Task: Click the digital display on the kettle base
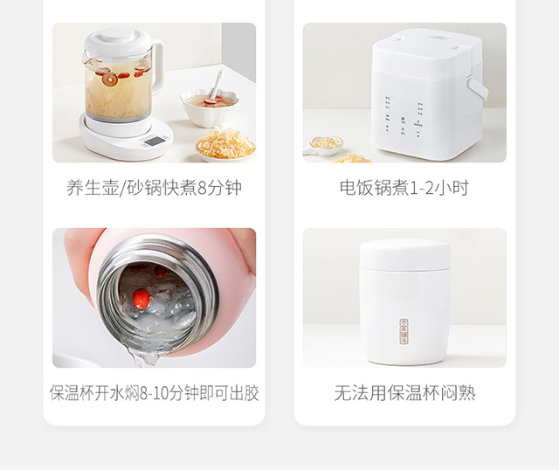pyautogui.click(x=154, y=142)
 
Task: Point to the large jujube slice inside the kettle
pyautogui.click(x=110, y=79)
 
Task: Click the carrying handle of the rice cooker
pyautogui.click(x=478, y=89)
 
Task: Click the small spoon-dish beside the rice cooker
pyautogui.click(x=324, y=146)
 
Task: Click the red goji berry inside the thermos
pyautogui.click(x=141, y=298)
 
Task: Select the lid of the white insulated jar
pyautogui.click(x=404, y=254)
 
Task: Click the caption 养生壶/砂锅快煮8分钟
pyautogui.click(x=154, y=188)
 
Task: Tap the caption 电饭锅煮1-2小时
pyautogui.click(x=404, y=188)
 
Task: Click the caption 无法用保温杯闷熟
pyautogui.click(x=404, y=393)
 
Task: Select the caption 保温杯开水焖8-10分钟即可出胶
pyautogui.click(x=154, y=393)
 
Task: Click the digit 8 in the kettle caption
pyautogui.click(x=202, y=188)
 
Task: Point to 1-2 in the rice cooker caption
pyautogui.click(x=422, y=188)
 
